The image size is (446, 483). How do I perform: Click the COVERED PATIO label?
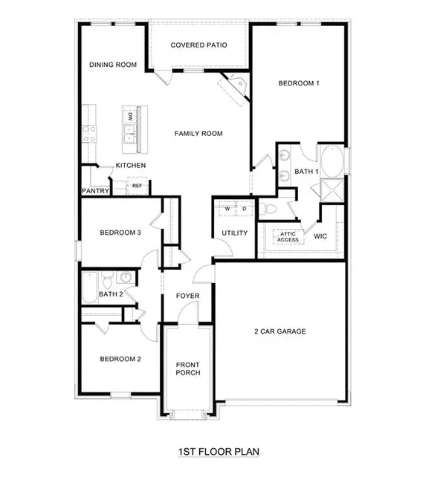pos(198,45)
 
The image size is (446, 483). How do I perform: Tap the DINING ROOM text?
pos(113,65)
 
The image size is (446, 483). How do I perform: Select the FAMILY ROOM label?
pos(198,134)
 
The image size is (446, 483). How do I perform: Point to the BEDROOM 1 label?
pos(299,83)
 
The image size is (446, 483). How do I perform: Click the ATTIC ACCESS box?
pos(288,236)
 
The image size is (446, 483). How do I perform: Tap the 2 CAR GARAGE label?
pos(279,331)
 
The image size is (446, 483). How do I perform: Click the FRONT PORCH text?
pos(188,369)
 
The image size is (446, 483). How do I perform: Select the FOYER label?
pos(187,296)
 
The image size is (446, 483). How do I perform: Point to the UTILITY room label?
pos(233,233)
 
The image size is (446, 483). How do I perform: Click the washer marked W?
pos(227,209)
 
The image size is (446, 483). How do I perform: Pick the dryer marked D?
pos(243,209)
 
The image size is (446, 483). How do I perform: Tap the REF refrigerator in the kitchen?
pos(137,187)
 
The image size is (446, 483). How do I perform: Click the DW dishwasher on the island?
pos(130,117)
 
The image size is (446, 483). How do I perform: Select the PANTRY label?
pos(96,191)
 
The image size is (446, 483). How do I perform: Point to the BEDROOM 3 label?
pos(120,233)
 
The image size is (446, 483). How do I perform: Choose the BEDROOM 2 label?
pos(120,359)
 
